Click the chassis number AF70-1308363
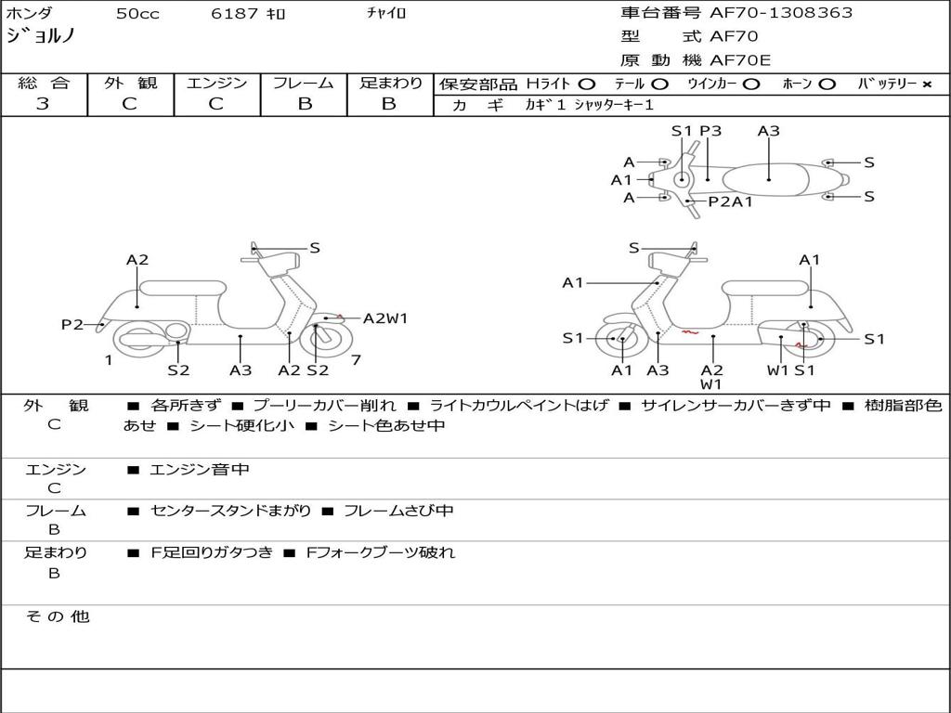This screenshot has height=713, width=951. tap(781, 13)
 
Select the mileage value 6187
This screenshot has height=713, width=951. tap(235, 13)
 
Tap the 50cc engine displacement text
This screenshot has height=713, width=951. tap(137, 13)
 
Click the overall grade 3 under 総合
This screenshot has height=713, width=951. tap(43, 104)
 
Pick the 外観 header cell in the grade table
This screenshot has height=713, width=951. tap(130, 83)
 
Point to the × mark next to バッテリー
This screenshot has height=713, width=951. tap(927, 84)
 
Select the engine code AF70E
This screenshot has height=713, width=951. tap(740, 60)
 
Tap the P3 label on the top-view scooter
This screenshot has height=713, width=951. tap(710, 131)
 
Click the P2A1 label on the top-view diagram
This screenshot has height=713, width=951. tap(730, 201)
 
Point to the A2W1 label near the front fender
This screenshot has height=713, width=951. tap(385, 318)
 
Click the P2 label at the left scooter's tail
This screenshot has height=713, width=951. tap(72, 325)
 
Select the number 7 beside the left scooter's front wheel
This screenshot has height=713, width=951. tap(356, 360)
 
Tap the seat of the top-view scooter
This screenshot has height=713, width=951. tap(765, 180)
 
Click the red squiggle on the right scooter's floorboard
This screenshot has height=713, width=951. tap(690, 331)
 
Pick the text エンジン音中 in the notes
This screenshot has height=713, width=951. tap(200, 469)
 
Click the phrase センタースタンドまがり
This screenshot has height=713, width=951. tap(230, 512)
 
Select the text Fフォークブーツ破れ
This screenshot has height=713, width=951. tap(380, 553)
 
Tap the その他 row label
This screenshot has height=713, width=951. tap(58, 616)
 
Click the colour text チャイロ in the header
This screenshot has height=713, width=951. tap(386, 13)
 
